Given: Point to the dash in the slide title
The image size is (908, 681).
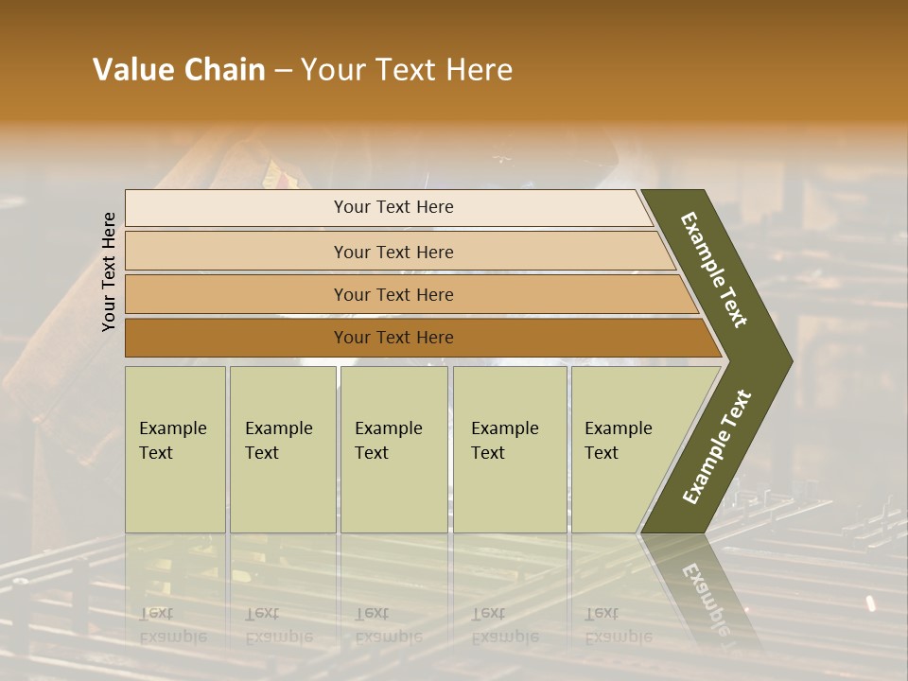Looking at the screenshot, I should pyautogui.click(x=283, y=71).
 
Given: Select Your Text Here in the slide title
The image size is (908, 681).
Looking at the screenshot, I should pyautogui.click(x=407, y=70).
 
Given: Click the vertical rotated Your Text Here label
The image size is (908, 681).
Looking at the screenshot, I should pyautogui.click(x=109, y=271).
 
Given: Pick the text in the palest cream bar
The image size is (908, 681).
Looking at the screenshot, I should pyautogui.click(x=393, y=207).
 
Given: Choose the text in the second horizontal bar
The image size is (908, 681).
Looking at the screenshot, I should pyautogui.click(x=393, y=253).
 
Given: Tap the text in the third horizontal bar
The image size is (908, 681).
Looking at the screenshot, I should pyautogui.click(x=393, y=295).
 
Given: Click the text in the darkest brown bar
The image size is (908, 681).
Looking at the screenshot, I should pyautogui.click(x=393, y=338).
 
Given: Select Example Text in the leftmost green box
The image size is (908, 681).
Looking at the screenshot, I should pyautogui.click(x=172, y=441).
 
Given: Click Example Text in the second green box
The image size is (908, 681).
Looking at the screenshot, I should pyautogui.click(x=278, y=441).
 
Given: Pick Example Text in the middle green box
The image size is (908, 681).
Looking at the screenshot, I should pyautogui.click(x=388, y=441).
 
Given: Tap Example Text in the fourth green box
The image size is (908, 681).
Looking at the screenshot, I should pyautogui.click(x=504, y=441).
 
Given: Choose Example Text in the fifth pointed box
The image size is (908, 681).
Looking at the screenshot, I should pyautogui.click(x=618, y=441).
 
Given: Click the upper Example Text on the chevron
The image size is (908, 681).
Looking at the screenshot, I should pyautogui.click(x=715, y=270).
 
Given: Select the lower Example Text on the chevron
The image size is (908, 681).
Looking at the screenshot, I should pyautogui.click(x=716, y=447).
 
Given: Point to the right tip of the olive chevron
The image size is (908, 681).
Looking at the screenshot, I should pyautogui.click(x=790, y=360).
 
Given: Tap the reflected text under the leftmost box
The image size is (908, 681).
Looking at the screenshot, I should pyautogui.click(x=172, y=625).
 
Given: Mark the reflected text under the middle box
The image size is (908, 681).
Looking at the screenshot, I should pyautogui.click(x=388, y=625).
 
